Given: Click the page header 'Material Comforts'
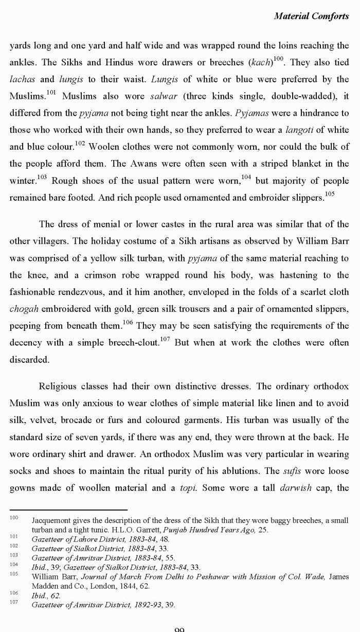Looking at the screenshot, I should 311,16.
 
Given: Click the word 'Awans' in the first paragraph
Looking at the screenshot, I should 163,164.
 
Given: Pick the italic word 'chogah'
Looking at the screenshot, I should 23,309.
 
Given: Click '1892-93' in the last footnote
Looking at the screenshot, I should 149,605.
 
